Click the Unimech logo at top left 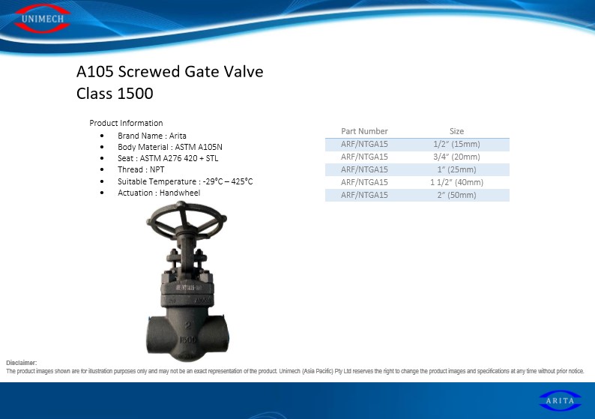[x=43, y=18]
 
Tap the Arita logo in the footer [x=560, y=400]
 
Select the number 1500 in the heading [x=136, y=94]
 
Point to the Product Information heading [x=126, y=123]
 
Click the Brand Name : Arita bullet [x=152, y=136]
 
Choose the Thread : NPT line [x=141, y=169]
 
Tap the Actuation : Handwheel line [x=159, y=193]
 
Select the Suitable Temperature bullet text [x=185, y=181]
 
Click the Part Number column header [x=364, y=131]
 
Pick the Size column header [x=456, y=131]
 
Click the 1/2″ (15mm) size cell [x=456, y=144]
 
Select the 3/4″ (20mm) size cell [x=456, y=157]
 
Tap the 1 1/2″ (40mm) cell [x=456, y=182]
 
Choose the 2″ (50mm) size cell [x=456, y=195]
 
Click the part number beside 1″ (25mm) [x=364, y=169]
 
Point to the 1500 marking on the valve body [x=188, y=340]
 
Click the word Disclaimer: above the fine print [x=21, y=363]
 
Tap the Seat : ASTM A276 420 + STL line [x=168, y=158]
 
